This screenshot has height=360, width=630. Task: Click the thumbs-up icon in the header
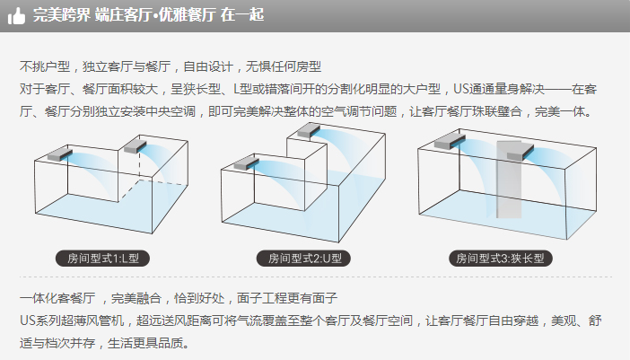click(x=16, y=15)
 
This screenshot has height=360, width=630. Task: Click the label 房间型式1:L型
click(x=103, y=258)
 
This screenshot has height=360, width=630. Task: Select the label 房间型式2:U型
click(x=303, y=258)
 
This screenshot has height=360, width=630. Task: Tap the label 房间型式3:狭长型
click(x=501, y=258)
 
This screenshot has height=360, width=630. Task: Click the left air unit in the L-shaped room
click(x=60, y=154)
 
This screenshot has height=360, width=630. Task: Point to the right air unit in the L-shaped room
click(x=135, y=146)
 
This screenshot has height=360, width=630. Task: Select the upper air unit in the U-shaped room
click(x=309, y=130)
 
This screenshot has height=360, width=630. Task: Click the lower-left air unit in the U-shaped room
click(x=246, y=163)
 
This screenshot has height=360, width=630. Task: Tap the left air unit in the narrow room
click(x=450, y=142)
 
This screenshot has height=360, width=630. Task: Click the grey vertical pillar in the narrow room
click(x=509, y=180)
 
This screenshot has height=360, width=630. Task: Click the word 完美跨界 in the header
click(x=62, y=15)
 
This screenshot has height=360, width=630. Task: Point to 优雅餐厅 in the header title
click(x=186, y=15)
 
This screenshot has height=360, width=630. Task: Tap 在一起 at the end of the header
click(x=242, y=15)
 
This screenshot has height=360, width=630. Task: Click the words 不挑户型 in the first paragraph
click(x=45, y=66)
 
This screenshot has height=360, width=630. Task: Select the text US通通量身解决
click(x=499, y=89)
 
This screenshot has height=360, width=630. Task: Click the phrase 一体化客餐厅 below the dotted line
click(x=57, y=298)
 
